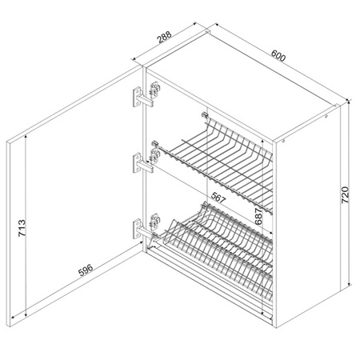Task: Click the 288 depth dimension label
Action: click(165, 37)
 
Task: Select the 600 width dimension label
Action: click(278, 56)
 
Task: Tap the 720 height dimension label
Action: click(345, 195)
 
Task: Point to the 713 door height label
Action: click(22, 228)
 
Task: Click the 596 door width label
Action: click(86, 270)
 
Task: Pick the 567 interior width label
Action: click(218, 198)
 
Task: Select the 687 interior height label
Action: click(258, 216)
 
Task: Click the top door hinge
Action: click(146, 94)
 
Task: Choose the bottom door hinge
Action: click(146, 226)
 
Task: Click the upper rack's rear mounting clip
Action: click(204, 115)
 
